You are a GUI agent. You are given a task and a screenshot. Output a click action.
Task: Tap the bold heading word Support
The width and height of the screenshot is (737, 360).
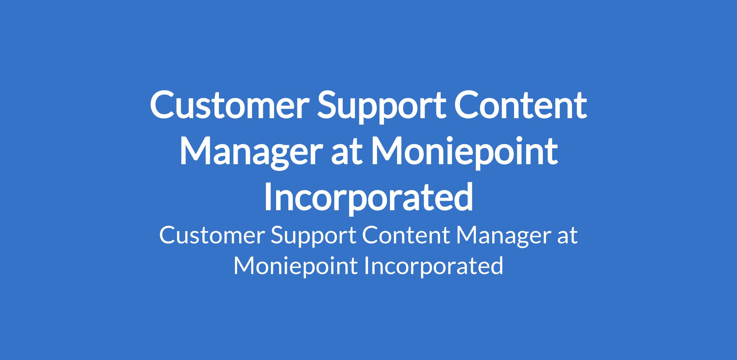click(381, 107)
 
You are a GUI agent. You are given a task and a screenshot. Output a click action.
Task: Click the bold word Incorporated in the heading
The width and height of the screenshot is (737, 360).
click(368, 198)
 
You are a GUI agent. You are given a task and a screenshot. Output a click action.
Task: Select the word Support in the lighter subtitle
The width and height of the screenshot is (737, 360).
click(313, 238)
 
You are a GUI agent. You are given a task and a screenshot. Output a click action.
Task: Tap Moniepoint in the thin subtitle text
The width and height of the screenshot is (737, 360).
click(295, 265)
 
